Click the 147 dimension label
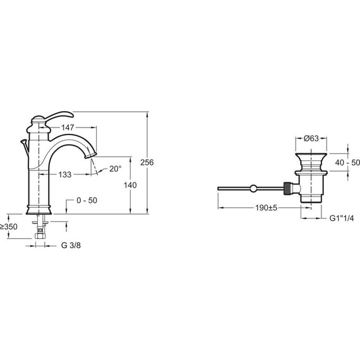tap(68, 128)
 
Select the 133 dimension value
tap(65, 174)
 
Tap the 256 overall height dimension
tap(147, 162)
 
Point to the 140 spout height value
tap(130, 185)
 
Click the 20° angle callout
tap(115, 169)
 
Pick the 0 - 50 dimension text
tap(87, 200)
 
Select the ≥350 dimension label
tap(9, 227)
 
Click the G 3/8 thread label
tap(71, 246)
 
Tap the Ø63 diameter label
tap(311, 138)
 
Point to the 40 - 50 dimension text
tap(347, 162)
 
